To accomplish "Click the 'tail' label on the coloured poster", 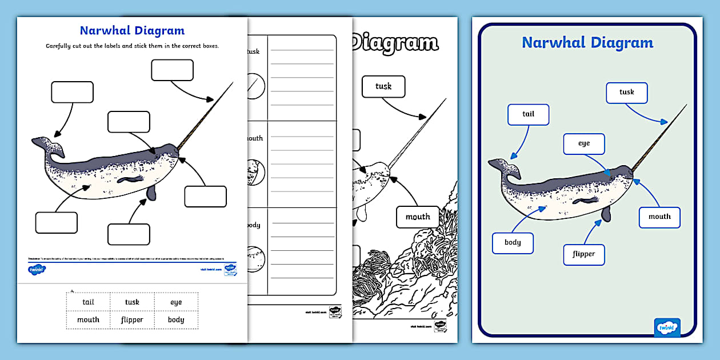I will click(528, 114).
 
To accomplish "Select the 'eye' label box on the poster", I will click(583, 143).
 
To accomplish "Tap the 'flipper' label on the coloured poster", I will click(583, 254).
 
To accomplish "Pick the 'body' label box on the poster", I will click(513, 242).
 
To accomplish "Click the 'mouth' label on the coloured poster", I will click(659, 217).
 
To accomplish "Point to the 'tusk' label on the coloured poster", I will click(626, 92).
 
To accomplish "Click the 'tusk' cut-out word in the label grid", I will click(132, 302).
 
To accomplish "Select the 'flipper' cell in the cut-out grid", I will click(132, 319).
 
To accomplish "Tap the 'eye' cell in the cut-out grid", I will click(176, 302).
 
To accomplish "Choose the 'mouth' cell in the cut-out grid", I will click(88, 319).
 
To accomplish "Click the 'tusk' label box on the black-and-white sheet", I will click(383, 86).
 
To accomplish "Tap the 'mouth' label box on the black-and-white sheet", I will click(418, 217).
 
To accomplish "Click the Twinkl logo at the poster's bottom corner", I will click(667, 327).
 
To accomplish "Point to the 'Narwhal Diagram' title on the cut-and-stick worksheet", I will click(132, 31).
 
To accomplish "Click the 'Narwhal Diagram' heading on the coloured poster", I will click(587, 43).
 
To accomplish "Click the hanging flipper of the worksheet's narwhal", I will click(151, 193).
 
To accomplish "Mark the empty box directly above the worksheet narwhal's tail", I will click(72, 92).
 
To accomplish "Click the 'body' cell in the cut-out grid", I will click(176, 319).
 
